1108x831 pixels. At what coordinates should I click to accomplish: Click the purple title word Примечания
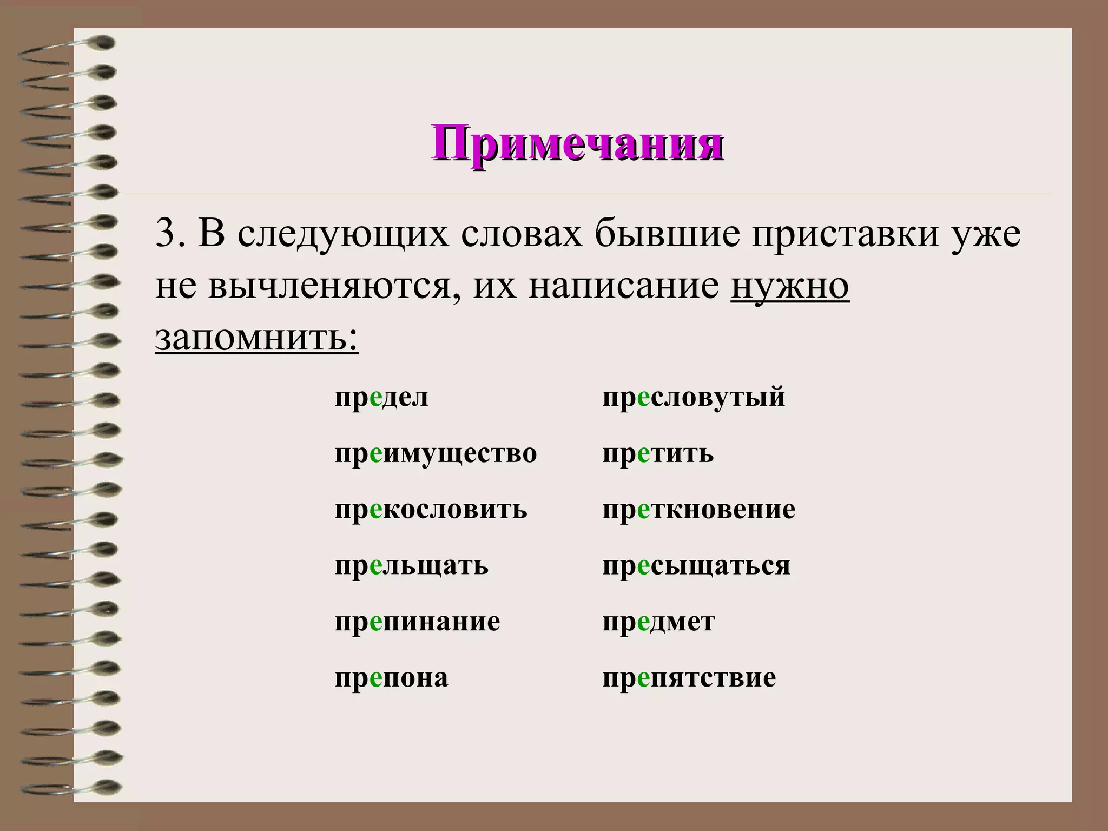577,143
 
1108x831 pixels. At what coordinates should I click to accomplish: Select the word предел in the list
381,398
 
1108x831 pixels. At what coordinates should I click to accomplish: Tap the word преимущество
436,453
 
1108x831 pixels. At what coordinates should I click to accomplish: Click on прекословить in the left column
431,510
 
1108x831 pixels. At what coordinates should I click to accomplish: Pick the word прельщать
411,566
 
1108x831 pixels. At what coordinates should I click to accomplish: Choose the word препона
391,678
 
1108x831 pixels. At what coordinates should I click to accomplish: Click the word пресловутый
694,398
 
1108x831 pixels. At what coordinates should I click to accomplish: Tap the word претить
658,453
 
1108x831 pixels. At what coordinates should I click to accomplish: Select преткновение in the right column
698,510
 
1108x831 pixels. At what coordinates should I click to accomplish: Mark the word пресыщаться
696,566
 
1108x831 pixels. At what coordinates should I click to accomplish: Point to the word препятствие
689,678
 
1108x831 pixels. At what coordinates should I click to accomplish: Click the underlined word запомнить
256,338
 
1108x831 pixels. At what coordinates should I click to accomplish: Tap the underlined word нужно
789,286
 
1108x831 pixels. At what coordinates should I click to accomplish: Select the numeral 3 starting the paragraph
163,234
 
